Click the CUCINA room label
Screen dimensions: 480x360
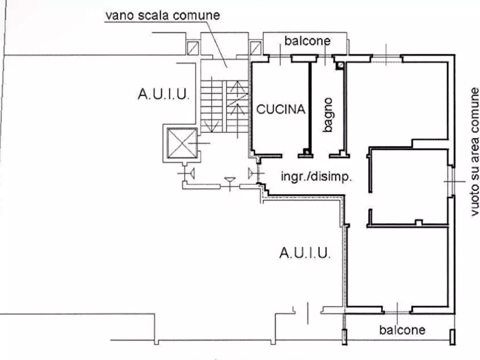(281, 109)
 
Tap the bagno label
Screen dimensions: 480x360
(327, 115)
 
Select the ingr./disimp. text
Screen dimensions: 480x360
(316, 177)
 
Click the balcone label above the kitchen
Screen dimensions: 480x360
(307, 41)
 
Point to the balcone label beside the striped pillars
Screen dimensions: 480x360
(402, 330)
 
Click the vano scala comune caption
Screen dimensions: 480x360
(162, 15)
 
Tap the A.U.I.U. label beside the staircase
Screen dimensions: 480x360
(163, 94)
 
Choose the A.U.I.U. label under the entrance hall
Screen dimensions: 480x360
(305, 253)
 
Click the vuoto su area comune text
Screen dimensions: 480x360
(475, 152)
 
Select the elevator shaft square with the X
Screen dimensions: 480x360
(182, 143)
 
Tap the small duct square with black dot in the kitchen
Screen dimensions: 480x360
(306, 152)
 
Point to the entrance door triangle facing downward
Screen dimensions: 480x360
(230, 181)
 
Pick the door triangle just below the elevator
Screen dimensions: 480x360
(191, 174)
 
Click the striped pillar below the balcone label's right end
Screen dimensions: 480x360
(452, 337)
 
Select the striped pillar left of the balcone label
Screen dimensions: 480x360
(345, 337)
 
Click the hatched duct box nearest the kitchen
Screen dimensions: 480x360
(255, 48)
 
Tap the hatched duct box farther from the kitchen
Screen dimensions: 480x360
(192, 48)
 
